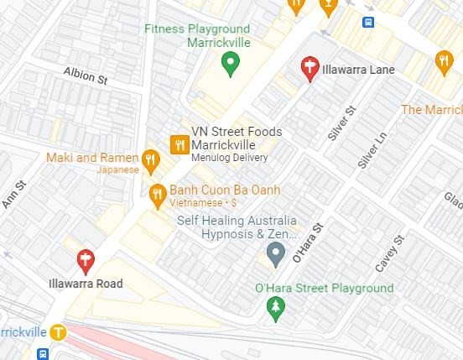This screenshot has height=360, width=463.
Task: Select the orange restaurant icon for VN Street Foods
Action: pos(179,144)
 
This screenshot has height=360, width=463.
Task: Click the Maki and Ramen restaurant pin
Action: pos(151,158)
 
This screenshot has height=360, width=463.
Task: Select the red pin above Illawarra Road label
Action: pos(85,260)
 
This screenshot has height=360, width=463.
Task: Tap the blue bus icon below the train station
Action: pos(42,354)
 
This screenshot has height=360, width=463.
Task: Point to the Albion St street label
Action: pos(87,77)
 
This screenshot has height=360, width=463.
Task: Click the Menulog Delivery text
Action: pos(229,157)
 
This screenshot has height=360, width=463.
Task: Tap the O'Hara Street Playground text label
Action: pos(324,289)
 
